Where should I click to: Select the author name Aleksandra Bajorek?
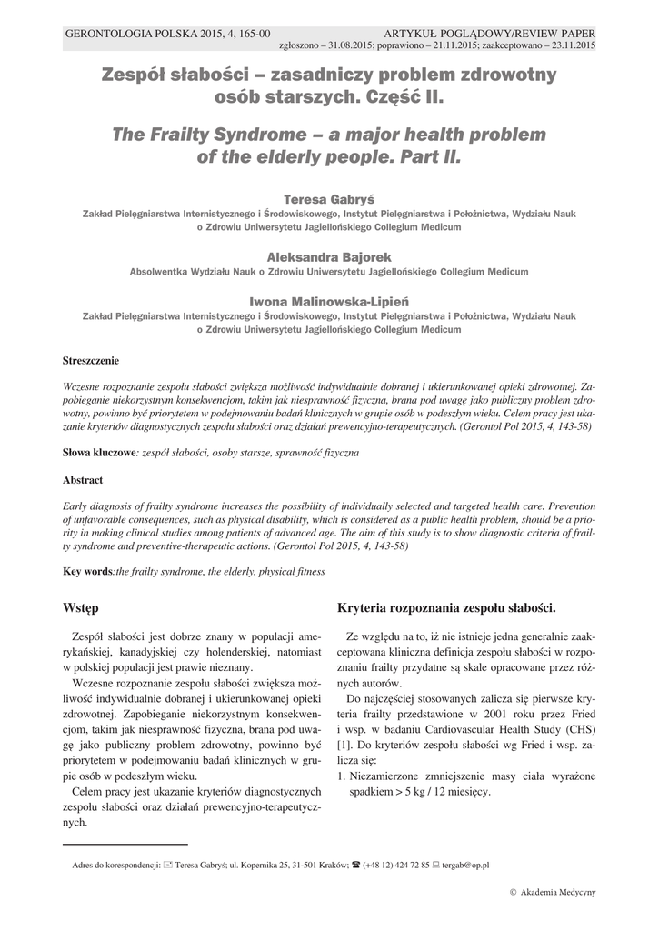pos(329,257)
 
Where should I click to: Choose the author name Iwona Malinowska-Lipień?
pos(329,300)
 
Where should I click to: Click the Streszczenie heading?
pos(90,361)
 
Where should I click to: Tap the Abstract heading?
pos(83,479)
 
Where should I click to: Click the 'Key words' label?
pos(86,571)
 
